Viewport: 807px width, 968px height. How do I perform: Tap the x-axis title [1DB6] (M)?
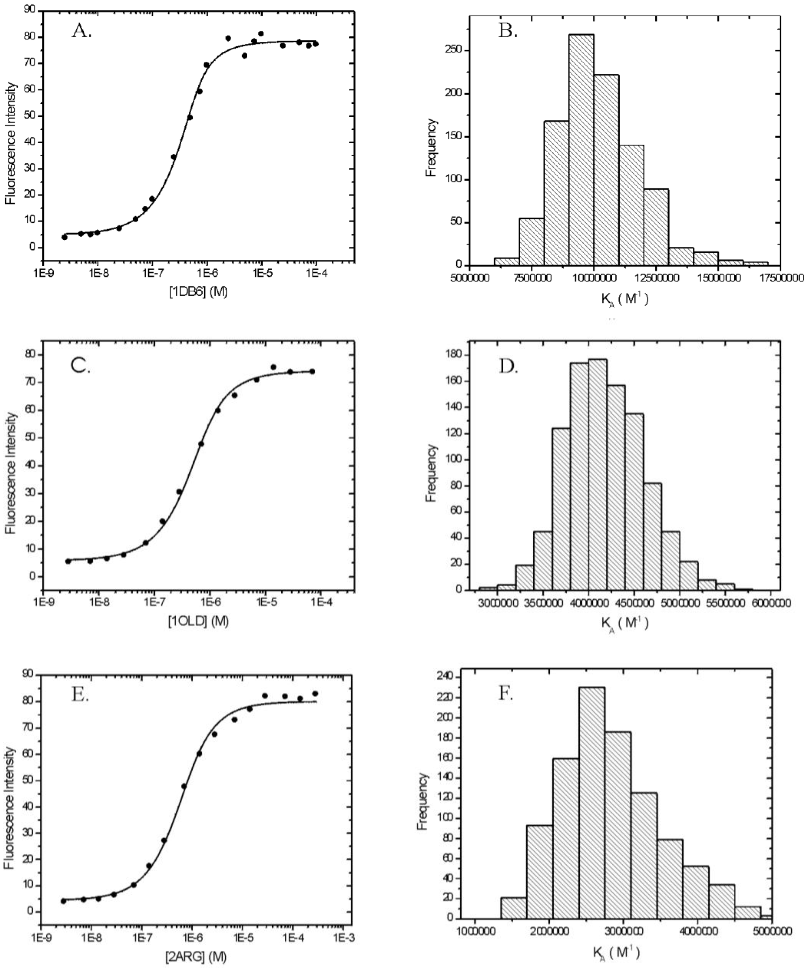197,292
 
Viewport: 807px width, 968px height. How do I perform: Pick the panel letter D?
509,367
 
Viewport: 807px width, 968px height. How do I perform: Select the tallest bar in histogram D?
598,475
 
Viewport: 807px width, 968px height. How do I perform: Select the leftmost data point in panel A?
64,237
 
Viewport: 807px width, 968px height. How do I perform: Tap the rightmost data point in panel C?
312,371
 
